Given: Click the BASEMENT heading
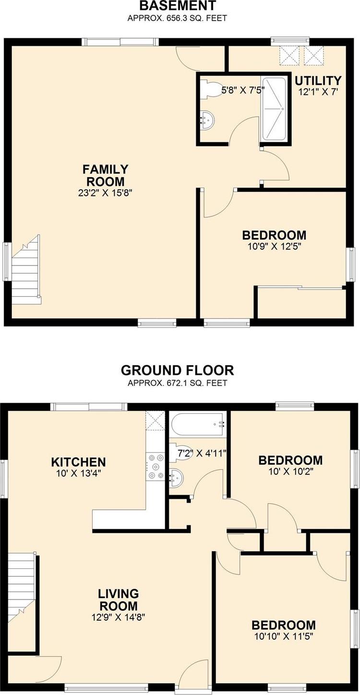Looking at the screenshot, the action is click(x=177, y=5).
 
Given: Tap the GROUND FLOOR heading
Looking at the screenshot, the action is click(x=177, y=371).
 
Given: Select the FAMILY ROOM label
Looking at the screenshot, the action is click(x=105, y=175).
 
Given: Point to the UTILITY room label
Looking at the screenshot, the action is click(x=318, y=81).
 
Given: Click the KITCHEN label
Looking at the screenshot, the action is click(x=78, y=462).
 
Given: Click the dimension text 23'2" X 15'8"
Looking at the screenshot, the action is click(x=105, y=193).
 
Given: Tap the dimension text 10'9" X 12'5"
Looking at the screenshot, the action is click(x=275, y=247).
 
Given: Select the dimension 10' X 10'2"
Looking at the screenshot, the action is click(x=290, y=472).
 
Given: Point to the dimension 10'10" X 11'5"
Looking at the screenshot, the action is click(x=284, y=636).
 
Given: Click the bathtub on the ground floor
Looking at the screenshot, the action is click(x=197, y=424).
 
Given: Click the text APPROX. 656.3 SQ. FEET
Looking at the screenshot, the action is click(x=177, y=18).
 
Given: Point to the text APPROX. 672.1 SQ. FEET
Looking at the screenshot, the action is click(x=177, y=383).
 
